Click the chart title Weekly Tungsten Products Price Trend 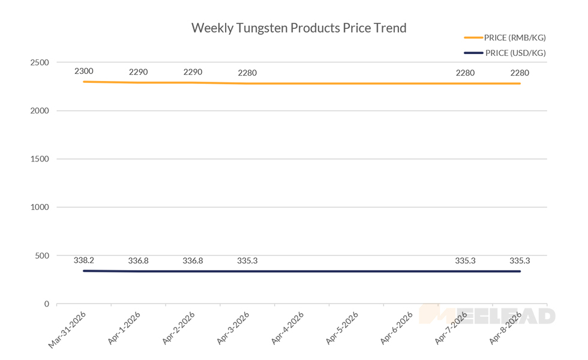298,28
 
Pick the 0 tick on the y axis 46,304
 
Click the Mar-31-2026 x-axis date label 67,329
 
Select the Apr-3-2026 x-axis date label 232,329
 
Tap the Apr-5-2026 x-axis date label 341,329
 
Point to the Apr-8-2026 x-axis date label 505,329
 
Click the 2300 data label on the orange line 84,71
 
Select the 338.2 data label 84,260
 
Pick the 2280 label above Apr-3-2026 247,73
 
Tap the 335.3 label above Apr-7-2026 465,260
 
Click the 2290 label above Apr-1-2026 139,72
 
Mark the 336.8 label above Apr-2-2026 193,260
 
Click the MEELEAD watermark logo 487,315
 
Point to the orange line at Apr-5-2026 356,83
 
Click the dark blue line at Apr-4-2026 302,271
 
